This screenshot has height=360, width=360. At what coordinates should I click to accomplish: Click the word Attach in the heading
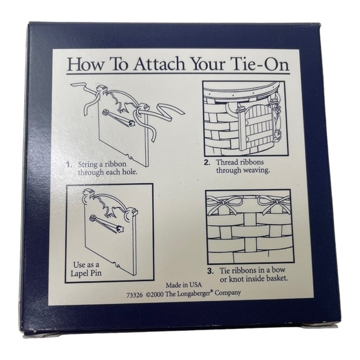(x=160, y=64)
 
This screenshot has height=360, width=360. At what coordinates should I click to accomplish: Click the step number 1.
(x=68, y=164)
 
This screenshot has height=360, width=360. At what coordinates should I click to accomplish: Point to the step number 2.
(x=207, y=163)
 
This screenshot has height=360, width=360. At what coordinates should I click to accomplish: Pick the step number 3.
(x=210, y=271)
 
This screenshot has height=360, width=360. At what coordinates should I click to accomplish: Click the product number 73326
(x=135, y=295)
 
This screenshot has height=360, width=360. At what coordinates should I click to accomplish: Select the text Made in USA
(x=184, y=285)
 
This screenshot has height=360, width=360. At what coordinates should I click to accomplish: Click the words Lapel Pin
(x=86, y=273)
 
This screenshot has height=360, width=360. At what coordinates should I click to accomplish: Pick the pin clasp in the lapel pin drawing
(x=107, y=222)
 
